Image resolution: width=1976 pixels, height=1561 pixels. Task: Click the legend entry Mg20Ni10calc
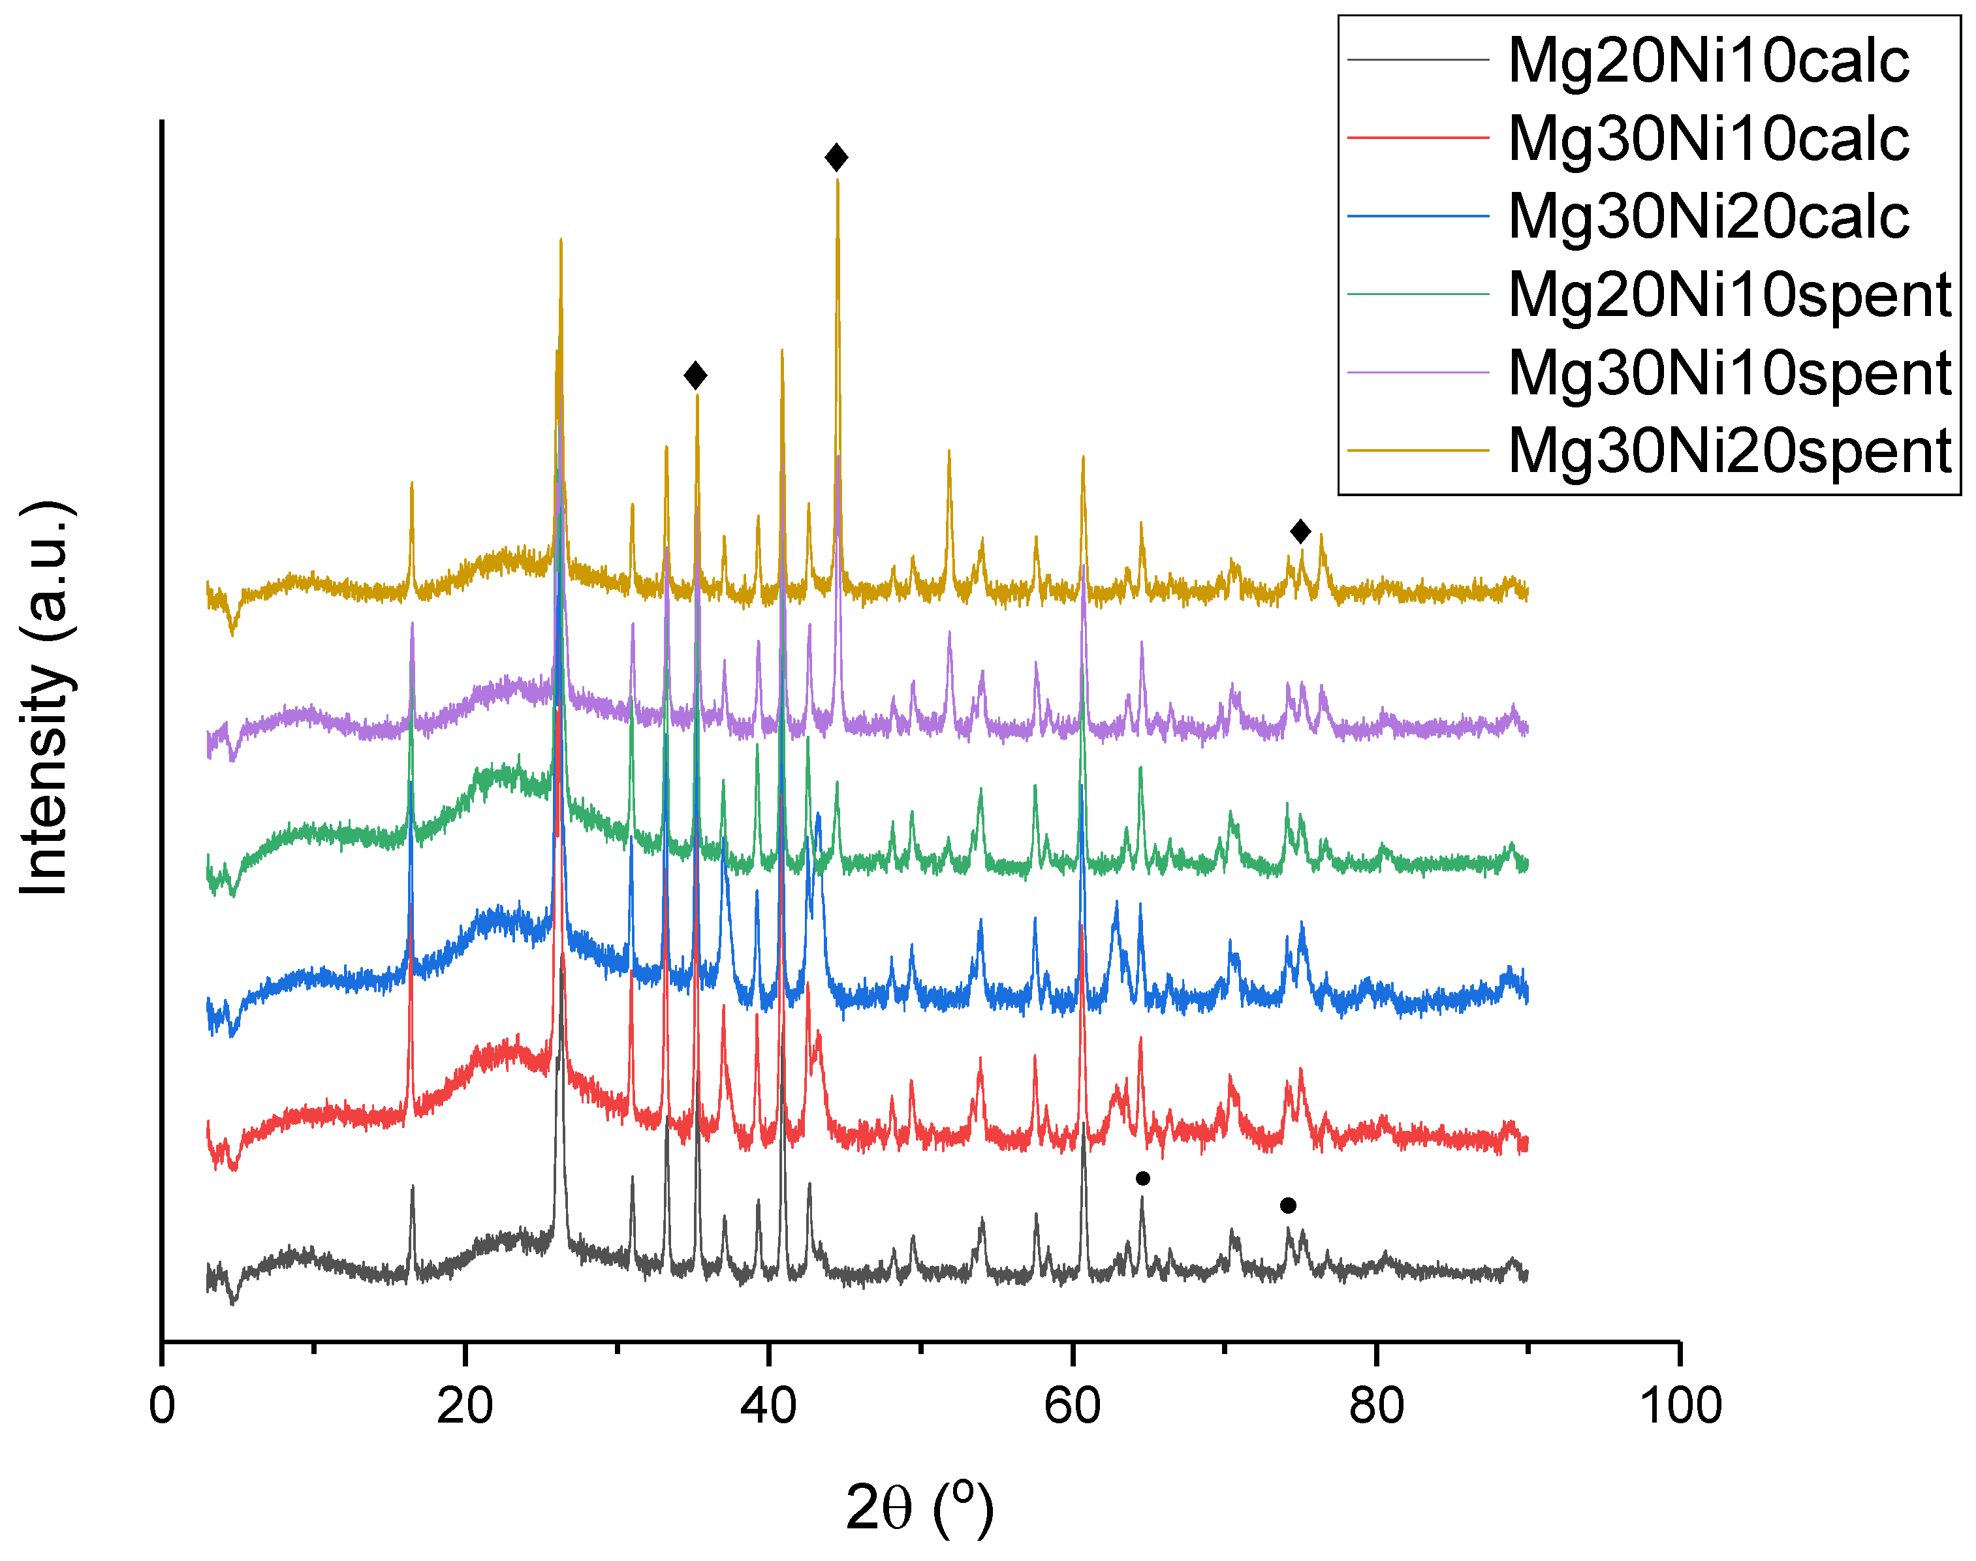click(x=1708, y=61)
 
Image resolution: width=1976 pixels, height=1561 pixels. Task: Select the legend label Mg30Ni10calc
click(x=1708, y=139)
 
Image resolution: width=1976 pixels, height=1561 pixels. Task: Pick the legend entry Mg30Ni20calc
click(x=1708, y=217)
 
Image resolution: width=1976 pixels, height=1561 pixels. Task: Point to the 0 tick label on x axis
click(x=162, y=1406)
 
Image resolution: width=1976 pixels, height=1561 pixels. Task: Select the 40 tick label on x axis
click(x=768, y=1406)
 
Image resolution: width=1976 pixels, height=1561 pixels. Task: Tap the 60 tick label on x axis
click(x=1072, y=1406)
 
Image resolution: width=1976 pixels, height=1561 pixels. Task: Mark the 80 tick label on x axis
click(x=1375, y=1406)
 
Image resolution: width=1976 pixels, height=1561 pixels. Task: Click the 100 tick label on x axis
click(x=1680, y=1406)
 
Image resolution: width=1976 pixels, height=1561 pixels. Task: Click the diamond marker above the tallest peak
click(x=836, y=157)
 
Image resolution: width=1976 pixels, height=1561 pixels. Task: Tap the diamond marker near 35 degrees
click(x=695, y=375)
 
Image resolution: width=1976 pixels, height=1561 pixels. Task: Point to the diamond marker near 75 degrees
click(x=1300, y=531)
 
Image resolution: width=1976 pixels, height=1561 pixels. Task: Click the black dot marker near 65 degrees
click(x=1142, y=1178)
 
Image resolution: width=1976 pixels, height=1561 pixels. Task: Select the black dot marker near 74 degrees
click(x=1288, y=1205)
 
